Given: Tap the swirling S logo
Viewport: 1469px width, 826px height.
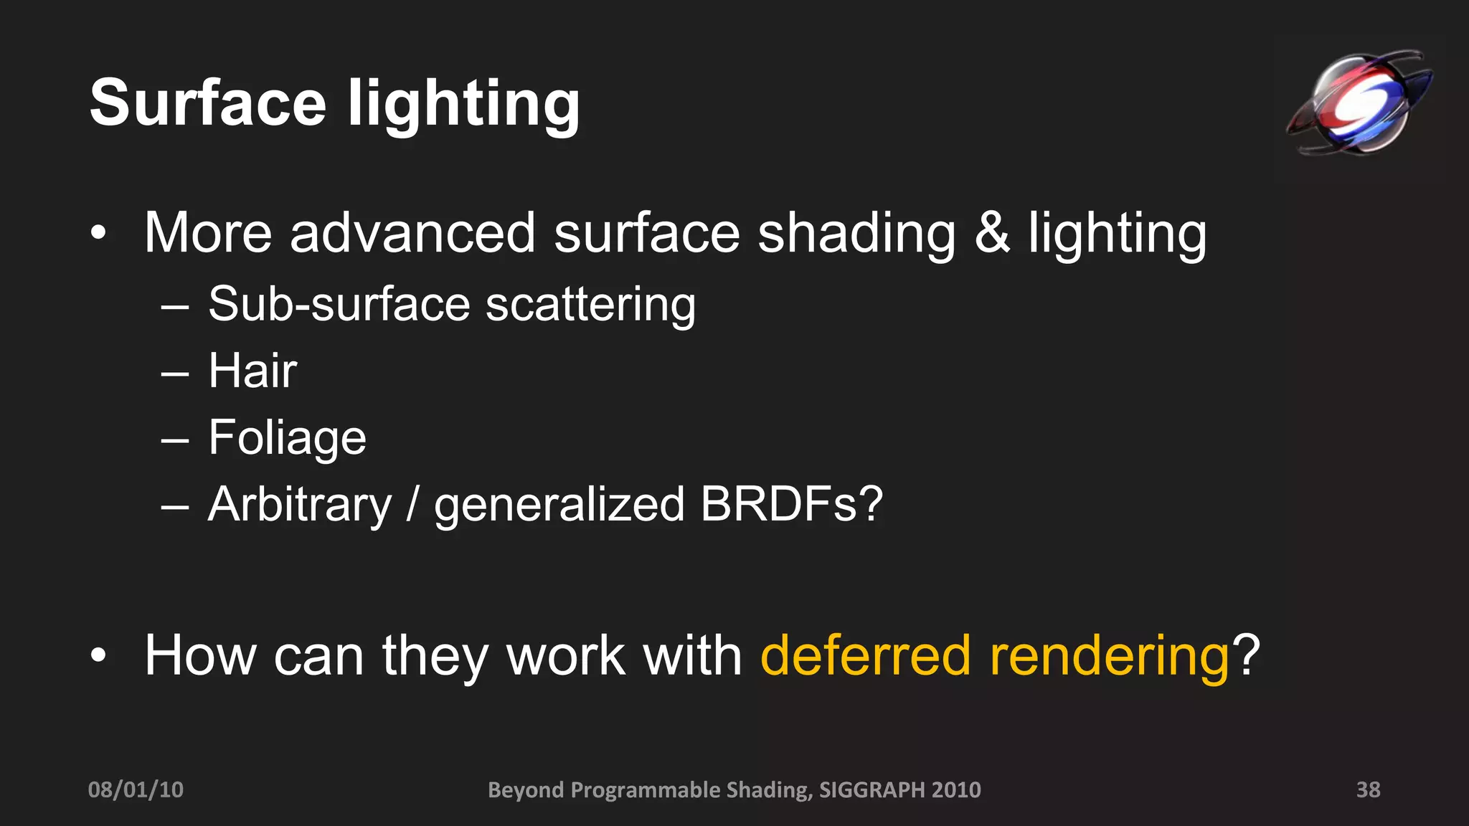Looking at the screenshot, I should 1359,103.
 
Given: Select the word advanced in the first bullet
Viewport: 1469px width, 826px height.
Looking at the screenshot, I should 412,233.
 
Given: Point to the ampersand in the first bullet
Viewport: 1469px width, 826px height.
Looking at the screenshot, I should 992,233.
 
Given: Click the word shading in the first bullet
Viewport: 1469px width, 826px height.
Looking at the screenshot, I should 856,233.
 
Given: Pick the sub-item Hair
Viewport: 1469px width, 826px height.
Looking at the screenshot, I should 252,371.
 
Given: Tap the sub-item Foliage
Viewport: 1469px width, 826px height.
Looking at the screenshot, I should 287,438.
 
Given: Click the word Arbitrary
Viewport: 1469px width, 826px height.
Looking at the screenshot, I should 300,504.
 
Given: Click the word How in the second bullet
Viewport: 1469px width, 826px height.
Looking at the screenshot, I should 200,655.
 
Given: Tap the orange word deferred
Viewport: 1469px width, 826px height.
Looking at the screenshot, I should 866,655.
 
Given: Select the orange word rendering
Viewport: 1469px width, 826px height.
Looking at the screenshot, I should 1110,657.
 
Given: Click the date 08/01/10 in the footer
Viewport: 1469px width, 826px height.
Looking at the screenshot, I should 136,789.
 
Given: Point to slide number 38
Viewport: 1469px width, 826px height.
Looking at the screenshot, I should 1368,789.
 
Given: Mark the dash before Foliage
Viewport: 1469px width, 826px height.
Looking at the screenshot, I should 175,439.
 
